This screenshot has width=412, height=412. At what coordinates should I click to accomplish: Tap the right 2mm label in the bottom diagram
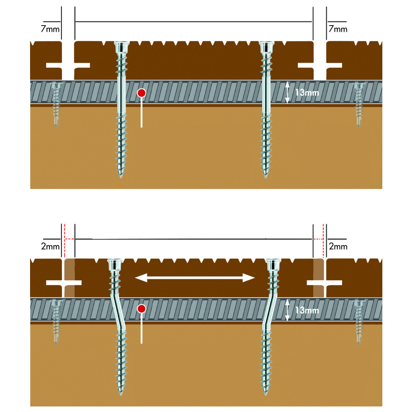[x=338, y=246]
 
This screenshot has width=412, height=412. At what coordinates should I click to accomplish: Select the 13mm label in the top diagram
[x=306, y=93]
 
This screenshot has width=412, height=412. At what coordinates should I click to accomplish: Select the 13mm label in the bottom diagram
[x=306, y=310]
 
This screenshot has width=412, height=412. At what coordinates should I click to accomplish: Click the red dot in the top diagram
[x=141, y=93]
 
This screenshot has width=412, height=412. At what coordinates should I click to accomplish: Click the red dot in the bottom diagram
[x=141, y=308]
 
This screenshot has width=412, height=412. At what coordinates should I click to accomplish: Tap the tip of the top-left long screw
[x=121, y=177]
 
